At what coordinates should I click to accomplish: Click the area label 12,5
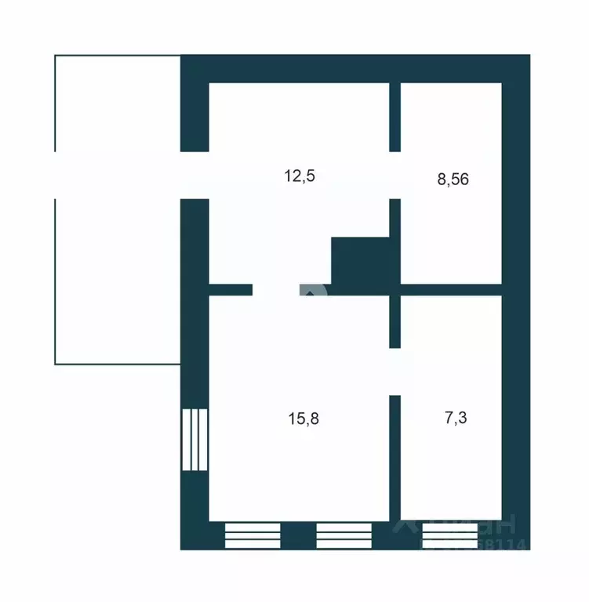(299, 176)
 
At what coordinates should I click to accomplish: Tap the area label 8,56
(453, 180)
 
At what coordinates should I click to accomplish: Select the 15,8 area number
(304, 418)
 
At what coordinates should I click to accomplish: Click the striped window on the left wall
(195, 439)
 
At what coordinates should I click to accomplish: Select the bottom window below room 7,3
(449, 535)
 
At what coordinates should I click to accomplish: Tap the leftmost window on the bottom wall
(253, 535)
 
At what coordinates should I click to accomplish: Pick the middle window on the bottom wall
(344, 535)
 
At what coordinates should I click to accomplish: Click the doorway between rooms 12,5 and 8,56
(396, 175)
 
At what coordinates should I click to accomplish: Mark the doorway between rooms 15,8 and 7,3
(396, 372)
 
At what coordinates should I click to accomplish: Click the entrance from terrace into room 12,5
(195, 175)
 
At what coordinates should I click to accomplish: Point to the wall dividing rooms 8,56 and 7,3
(452, 290)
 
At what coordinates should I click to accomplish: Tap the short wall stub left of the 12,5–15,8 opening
(231, 290)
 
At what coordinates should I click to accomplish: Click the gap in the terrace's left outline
(55, 175)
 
